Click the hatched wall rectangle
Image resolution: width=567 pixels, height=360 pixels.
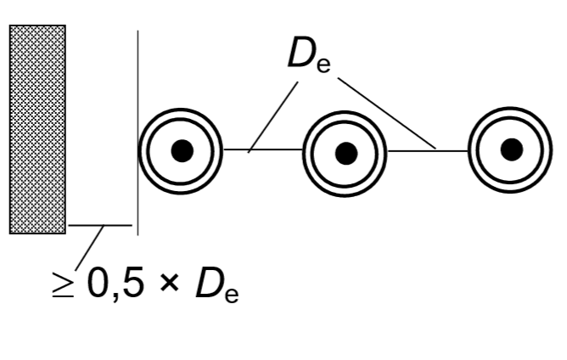(x=37, y=130)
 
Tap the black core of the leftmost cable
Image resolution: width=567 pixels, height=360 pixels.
(x=182, y=150)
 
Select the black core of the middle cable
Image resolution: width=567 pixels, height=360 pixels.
(x=346, y=154)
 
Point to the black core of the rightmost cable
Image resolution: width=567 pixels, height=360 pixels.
(x=512, y=149)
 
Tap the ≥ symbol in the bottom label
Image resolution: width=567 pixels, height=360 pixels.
(x=63, y=284)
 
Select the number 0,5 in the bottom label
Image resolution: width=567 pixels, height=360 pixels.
(x=115, y=283)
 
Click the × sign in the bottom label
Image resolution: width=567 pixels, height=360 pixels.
(x=169, y=283)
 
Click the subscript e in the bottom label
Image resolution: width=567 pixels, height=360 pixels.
(x=232, y=295)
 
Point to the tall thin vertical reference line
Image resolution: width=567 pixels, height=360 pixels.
(x=138, y=132)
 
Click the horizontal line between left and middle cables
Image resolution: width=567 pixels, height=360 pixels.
(x=263, y=149)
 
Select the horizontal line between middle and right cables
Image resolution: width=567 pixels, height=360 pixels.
(x=428, y=150)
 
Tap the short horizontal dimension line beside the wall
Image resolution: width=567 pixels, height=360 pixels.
(x=100, y=225)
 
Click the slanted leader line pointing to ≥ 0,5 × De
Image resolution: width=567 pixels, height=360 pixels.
(x=89, y=248)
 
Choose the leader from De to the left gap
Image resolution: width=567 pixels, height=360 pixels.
(x=273, y=117)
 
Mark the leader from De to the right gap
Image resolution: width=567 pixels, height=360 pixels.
(x=387, y=113)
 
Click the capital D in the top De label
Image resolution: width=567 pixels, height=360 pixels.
(x=301, y=52)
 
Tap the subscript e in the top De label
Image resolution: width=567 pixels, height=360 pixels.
(x=323, y=65)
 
